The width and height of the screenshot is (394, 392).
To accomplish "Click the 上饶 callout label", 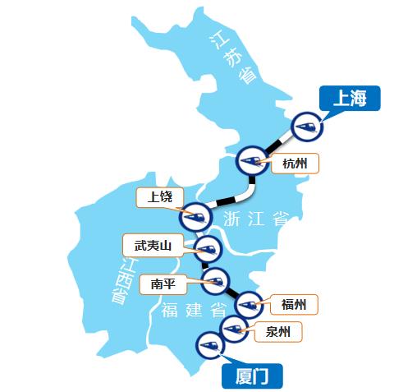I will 160,197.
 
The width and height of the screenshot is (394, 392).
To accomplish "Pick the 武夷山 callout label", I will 149,244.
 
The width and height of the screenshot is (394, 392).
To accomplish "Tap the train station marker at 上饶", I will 195,215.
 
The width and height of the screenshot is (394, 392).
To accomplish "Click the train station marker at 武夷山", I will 208,247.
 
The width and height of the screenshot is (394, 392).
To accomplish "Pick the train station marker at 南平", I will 216,280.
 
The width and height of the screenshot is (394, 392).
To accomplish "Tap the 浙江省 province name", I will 257,218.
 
